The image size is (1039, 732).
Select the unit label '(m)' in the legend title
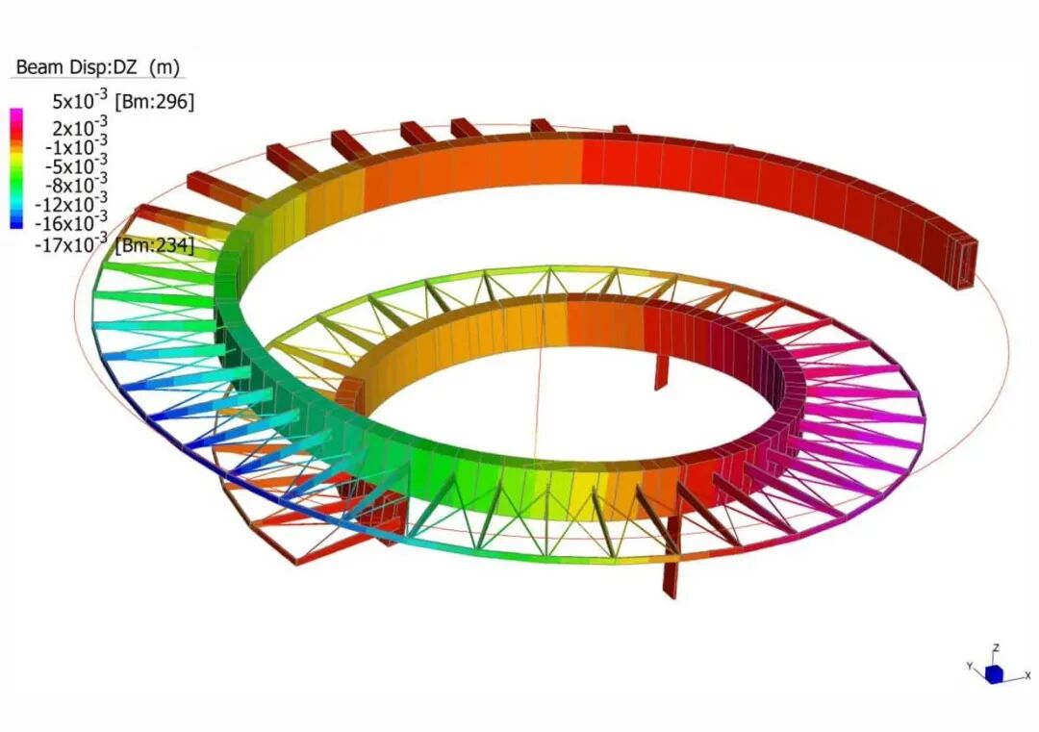[165, 67]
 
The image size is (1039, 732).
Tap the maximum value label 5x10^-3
[80, 100]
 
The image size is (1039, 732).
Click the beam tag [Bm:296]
[154, 102]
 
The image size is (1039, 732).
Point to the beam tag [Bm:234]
[155, 246]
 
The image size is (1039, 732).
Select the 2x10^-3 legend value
[80, 126]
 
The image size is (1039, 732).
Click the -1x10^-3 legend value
[76, 146]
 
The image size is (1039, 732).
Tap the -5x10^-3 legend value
[76, 164]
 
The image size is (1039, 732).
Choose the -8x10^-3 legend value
[76, 184]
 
